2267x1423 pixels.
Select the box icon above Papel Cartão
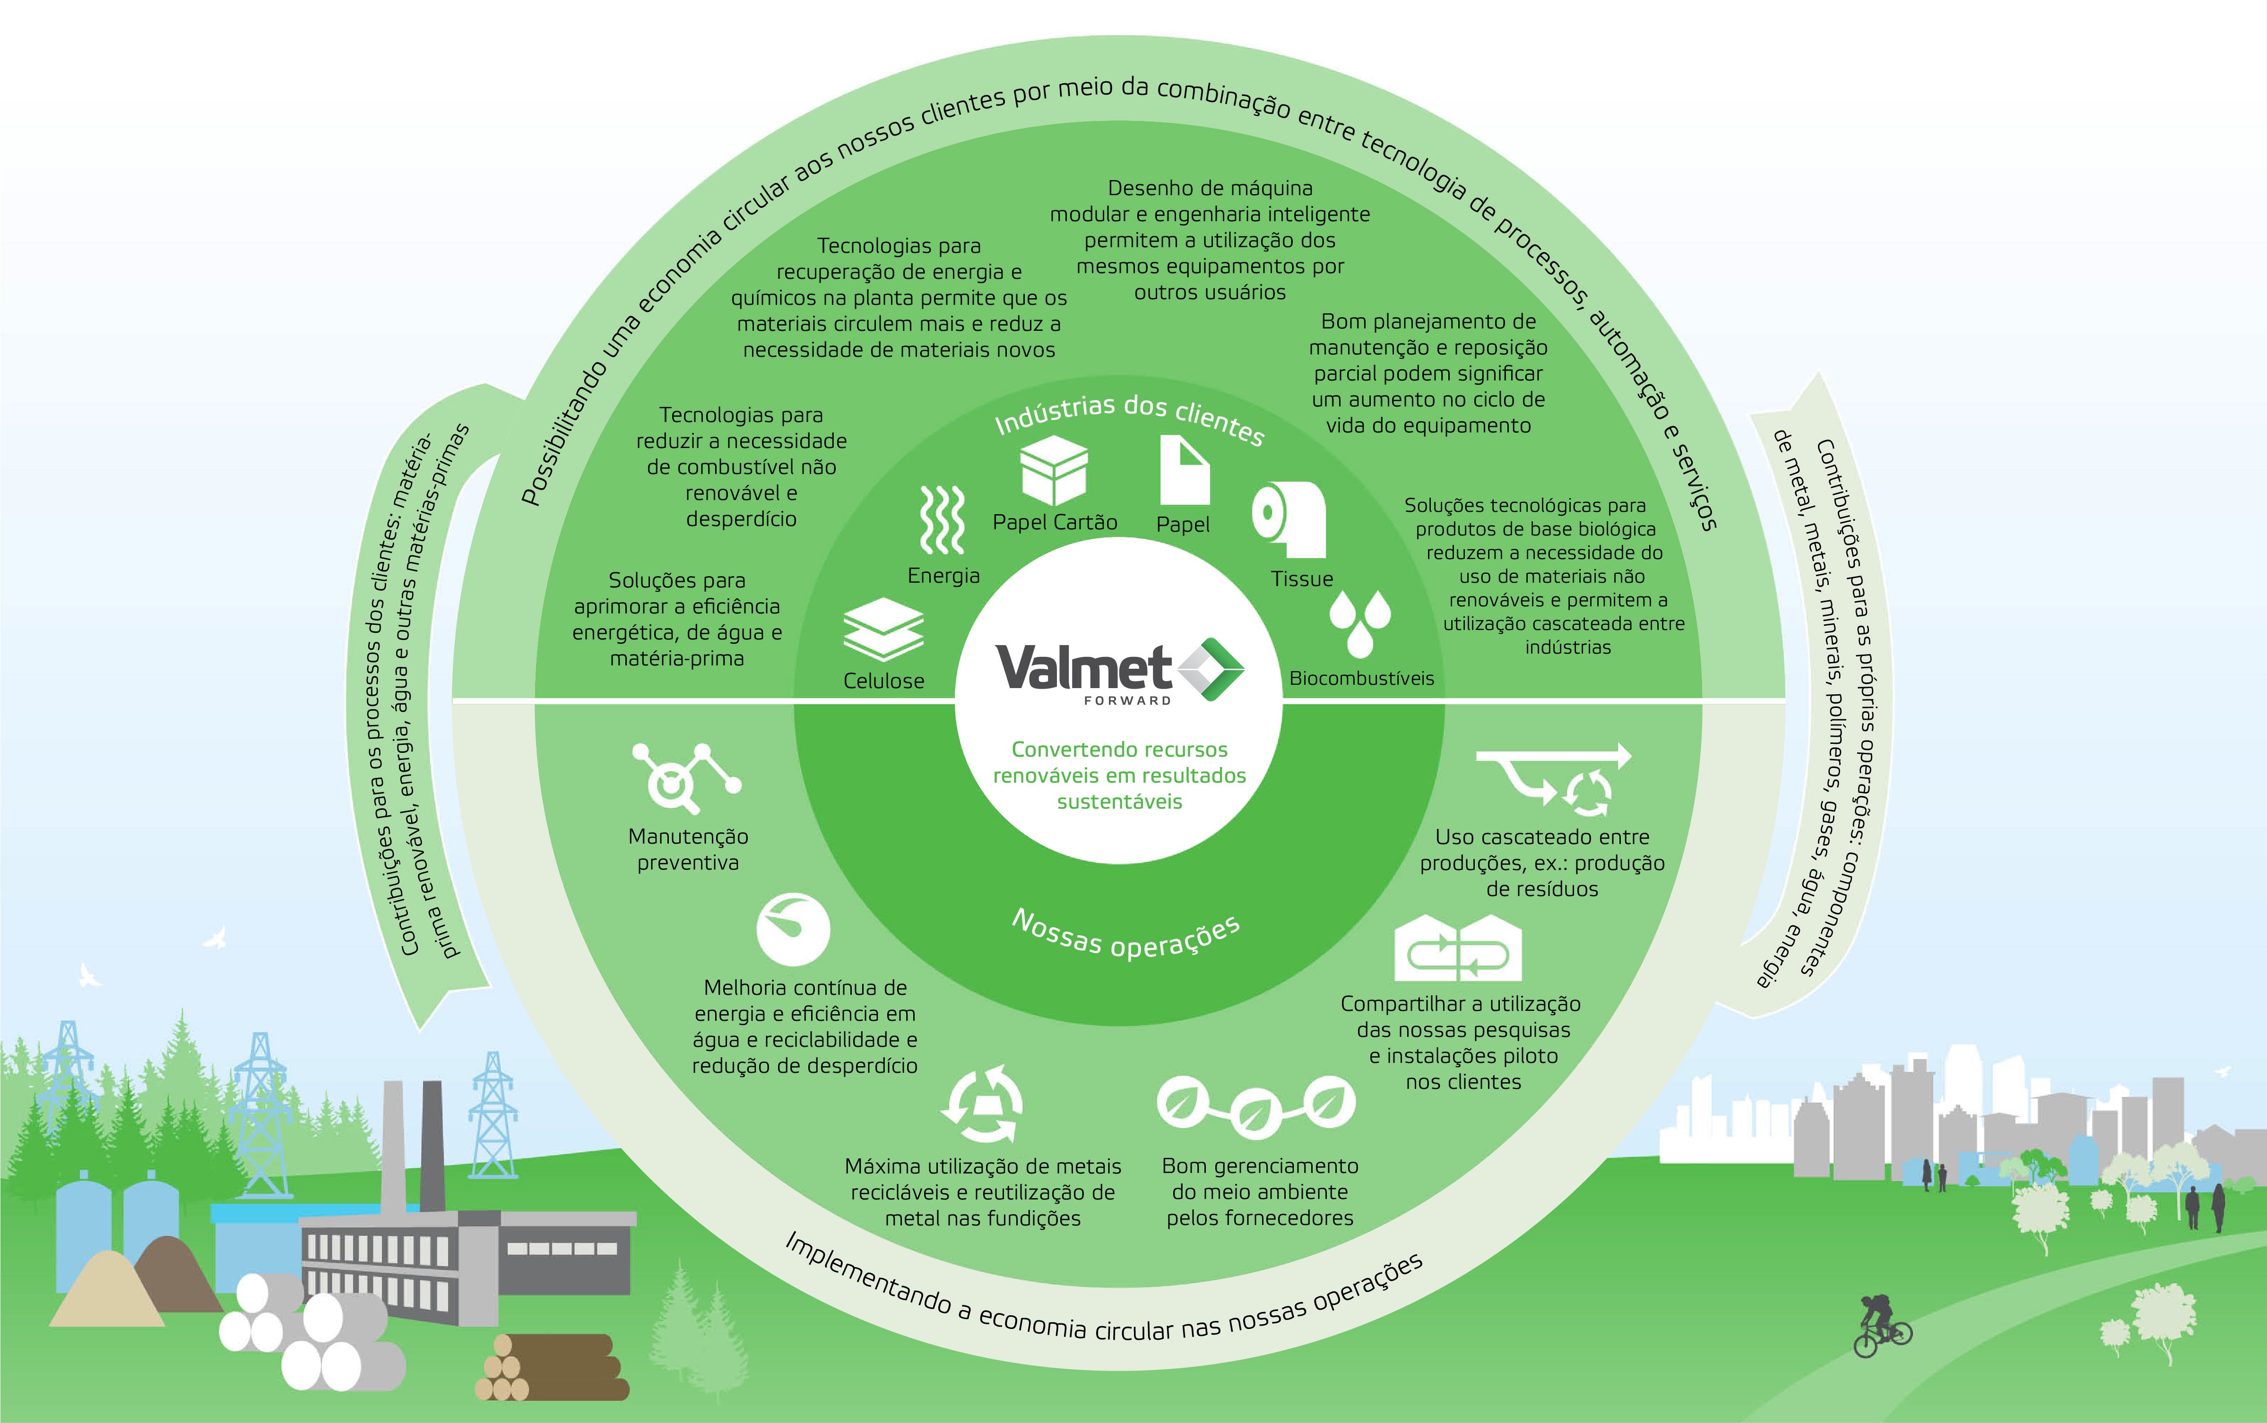click(1054, 471)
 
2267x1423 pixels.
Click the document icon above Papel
click(1183, 470)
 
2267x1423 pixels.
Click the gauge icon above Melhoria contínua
click(792, 929)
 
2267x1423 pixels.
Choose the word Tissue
click(1301, 579)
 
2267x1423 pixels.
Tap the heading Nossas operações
click(1125, 934)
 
